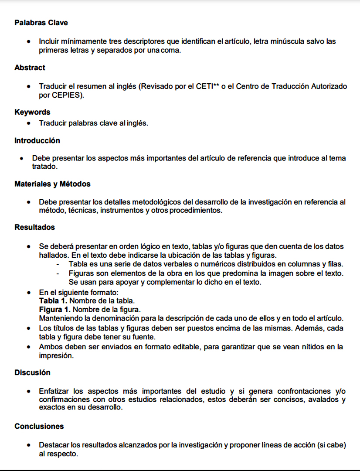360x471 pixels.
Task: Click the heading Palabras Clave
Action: [x=41, y=23]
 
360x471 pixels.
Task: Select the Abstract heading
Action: [x=30, y=68]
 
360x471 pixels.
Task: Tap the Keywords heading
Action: [x=32, y=112]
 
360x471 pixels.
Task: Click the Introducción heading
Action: [x=37, y=140]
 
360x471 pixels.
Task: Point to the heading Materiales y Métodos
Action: [x=52, y=184]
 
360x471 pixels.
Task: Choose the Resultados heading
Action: [x=34, y=227]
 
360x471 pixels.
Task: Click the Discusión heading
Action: [x=32, y=372]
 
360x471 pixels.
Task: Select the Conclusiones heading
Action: [x=39, y=426]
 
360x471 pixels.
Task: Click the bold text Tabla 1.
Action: [x=53, y=301]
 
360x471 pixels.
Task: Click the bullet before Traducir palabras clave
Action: [x=28, y=123]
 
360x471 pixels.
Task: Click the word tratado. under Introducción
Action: [x=45, y=167]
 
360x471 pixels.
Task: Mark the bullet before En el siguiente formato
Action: [x=28, y=293]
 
